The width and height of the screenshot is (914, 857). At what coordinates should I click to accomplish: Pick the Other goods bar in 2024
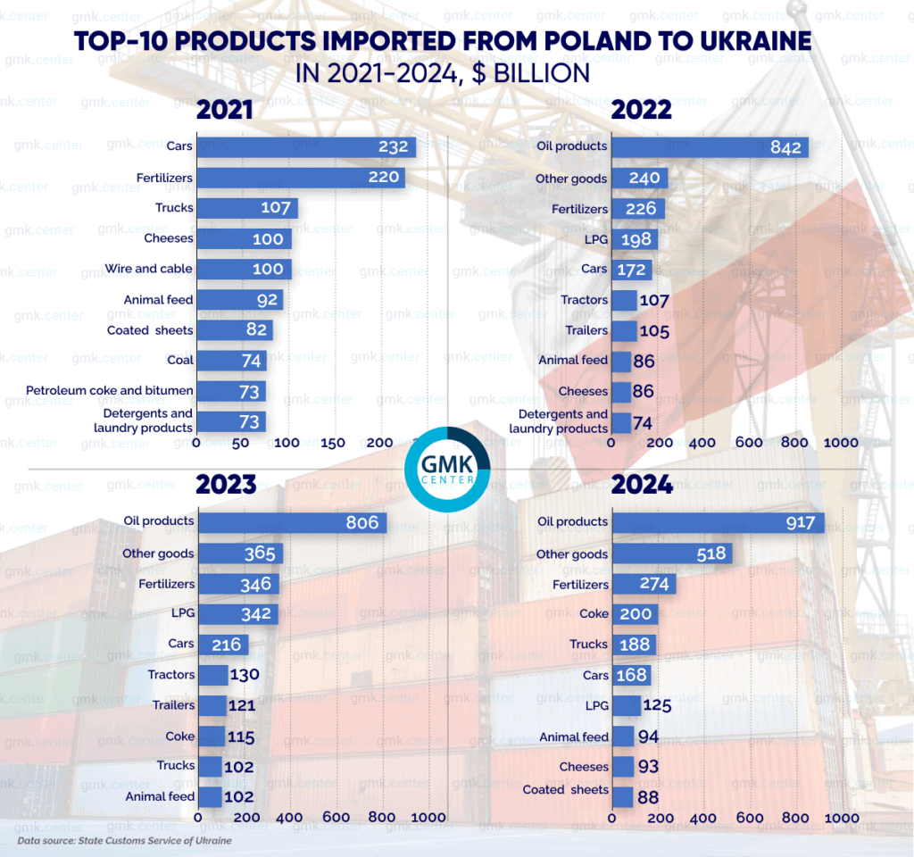[x=670, y=554]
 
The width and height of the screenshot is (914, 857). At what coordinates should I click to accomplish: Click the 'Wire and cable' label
[x=148, y=269]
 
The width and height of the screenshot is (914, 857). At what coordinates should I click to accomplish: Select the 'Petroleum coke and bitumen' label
[x=109, y=390]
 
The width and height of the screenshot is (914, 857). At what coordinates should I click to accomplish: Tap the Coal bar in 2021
[x=230, y=361]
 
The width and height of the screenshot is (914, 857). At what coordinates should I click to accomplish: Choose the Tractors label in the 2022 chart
[x=584, y=300]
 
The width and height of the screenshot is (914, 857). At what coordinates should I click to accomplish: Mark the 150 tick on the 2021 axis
[x=333, y=443]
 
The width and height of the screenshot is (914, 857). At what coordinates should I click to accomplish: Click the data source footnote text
[x=124, y=841]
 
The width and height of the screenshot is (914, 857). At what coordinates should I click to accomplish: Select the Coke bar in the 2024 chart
[x=635, y=614]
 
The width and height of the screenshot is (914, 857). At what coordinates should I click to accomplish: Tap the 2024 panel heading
[x=642, y=485]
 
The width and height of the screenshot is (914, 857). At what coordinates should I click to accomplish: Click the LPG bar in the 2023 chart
[x=237, y=614]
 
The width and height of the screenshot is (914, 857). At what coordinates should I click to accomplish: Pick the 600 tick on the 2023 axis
[x=337, y=818]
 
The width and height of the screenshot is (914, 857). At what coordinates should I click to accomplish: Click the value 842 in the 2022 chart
[x=785, y=147]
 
